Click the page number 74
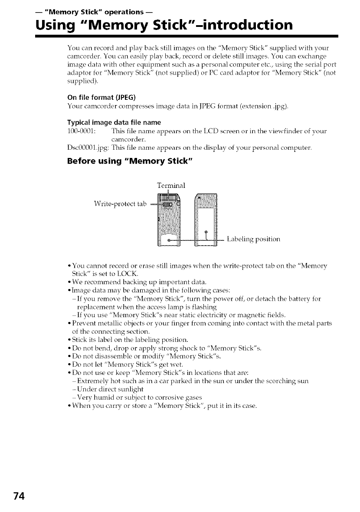18,496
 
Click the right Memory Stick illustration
206,221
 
